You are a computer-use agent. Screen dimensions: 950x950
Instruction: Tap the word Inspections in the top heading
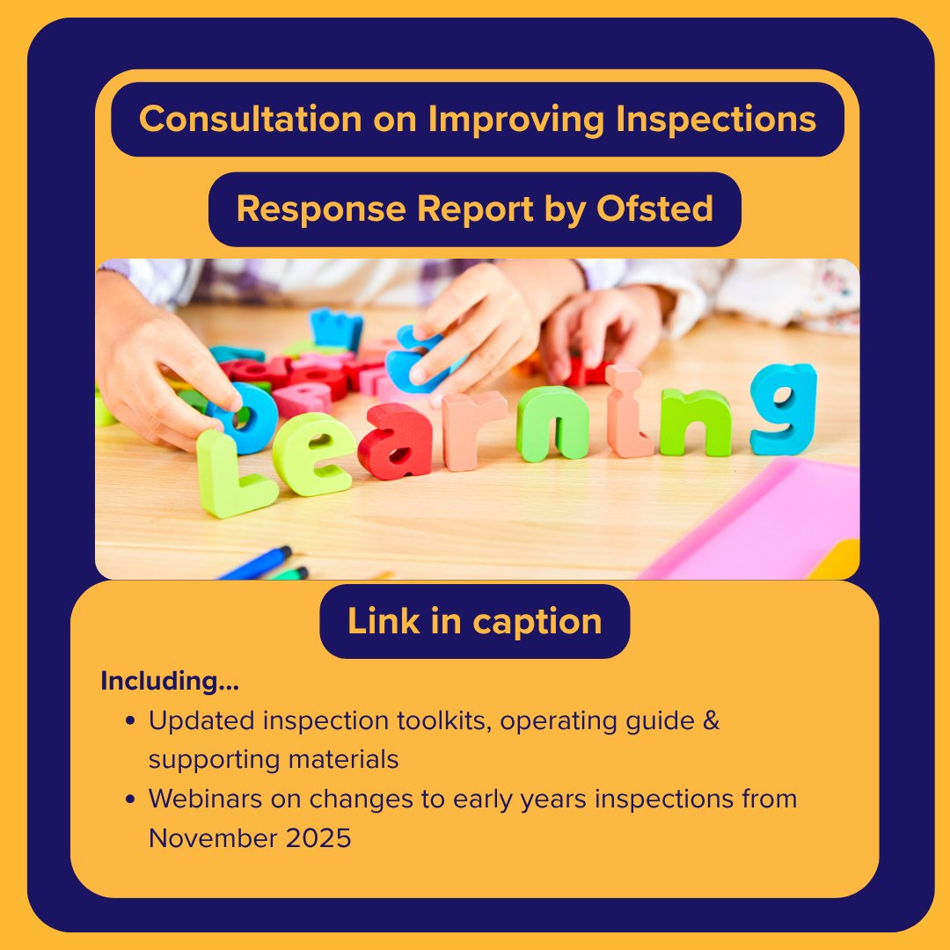click(716, 119)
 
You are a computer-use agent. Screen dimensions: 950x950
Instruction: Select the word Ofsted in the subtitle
click(654, 209)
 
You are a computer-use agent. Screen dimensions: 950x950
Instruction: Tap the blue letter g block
click(782, 408)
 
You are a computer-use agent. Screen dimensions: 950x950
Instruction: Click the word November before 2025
click(211, 838)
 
